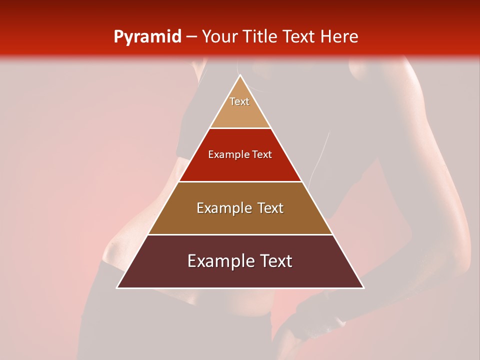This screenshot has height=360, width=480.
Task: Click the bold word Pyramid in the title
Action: (x=147, y=37)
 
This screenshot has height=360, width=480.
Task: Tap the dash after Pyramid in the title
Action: (x=191, y=37)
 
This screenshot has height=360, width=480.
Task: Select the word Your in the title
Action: (x=218, y=36)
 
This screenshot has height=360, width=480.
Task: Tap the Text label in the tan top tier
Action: (x=239, y=101)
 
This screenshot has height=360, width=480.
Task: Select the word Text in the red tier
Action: (x=262, y=154)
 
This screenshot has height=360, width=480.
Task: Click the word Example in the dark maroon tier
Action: (x=219, y=261)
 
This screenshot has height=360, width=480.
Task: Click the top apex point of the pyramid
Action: (x=240, y=75)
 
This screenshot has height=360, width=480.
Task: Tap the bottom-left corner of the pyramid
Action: (x=117, y=287)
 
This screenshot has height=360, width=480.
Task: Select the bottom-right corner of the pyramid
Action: (x=363, y=287)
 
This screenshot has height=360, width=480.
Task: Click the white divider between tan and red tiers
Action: (x=240, y=128)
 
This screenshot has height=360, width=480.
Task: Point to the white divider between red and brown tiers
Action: (x=240, y=181)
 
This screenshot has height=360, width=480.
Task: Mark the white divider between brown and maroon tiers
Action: (x=240, y=234)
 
